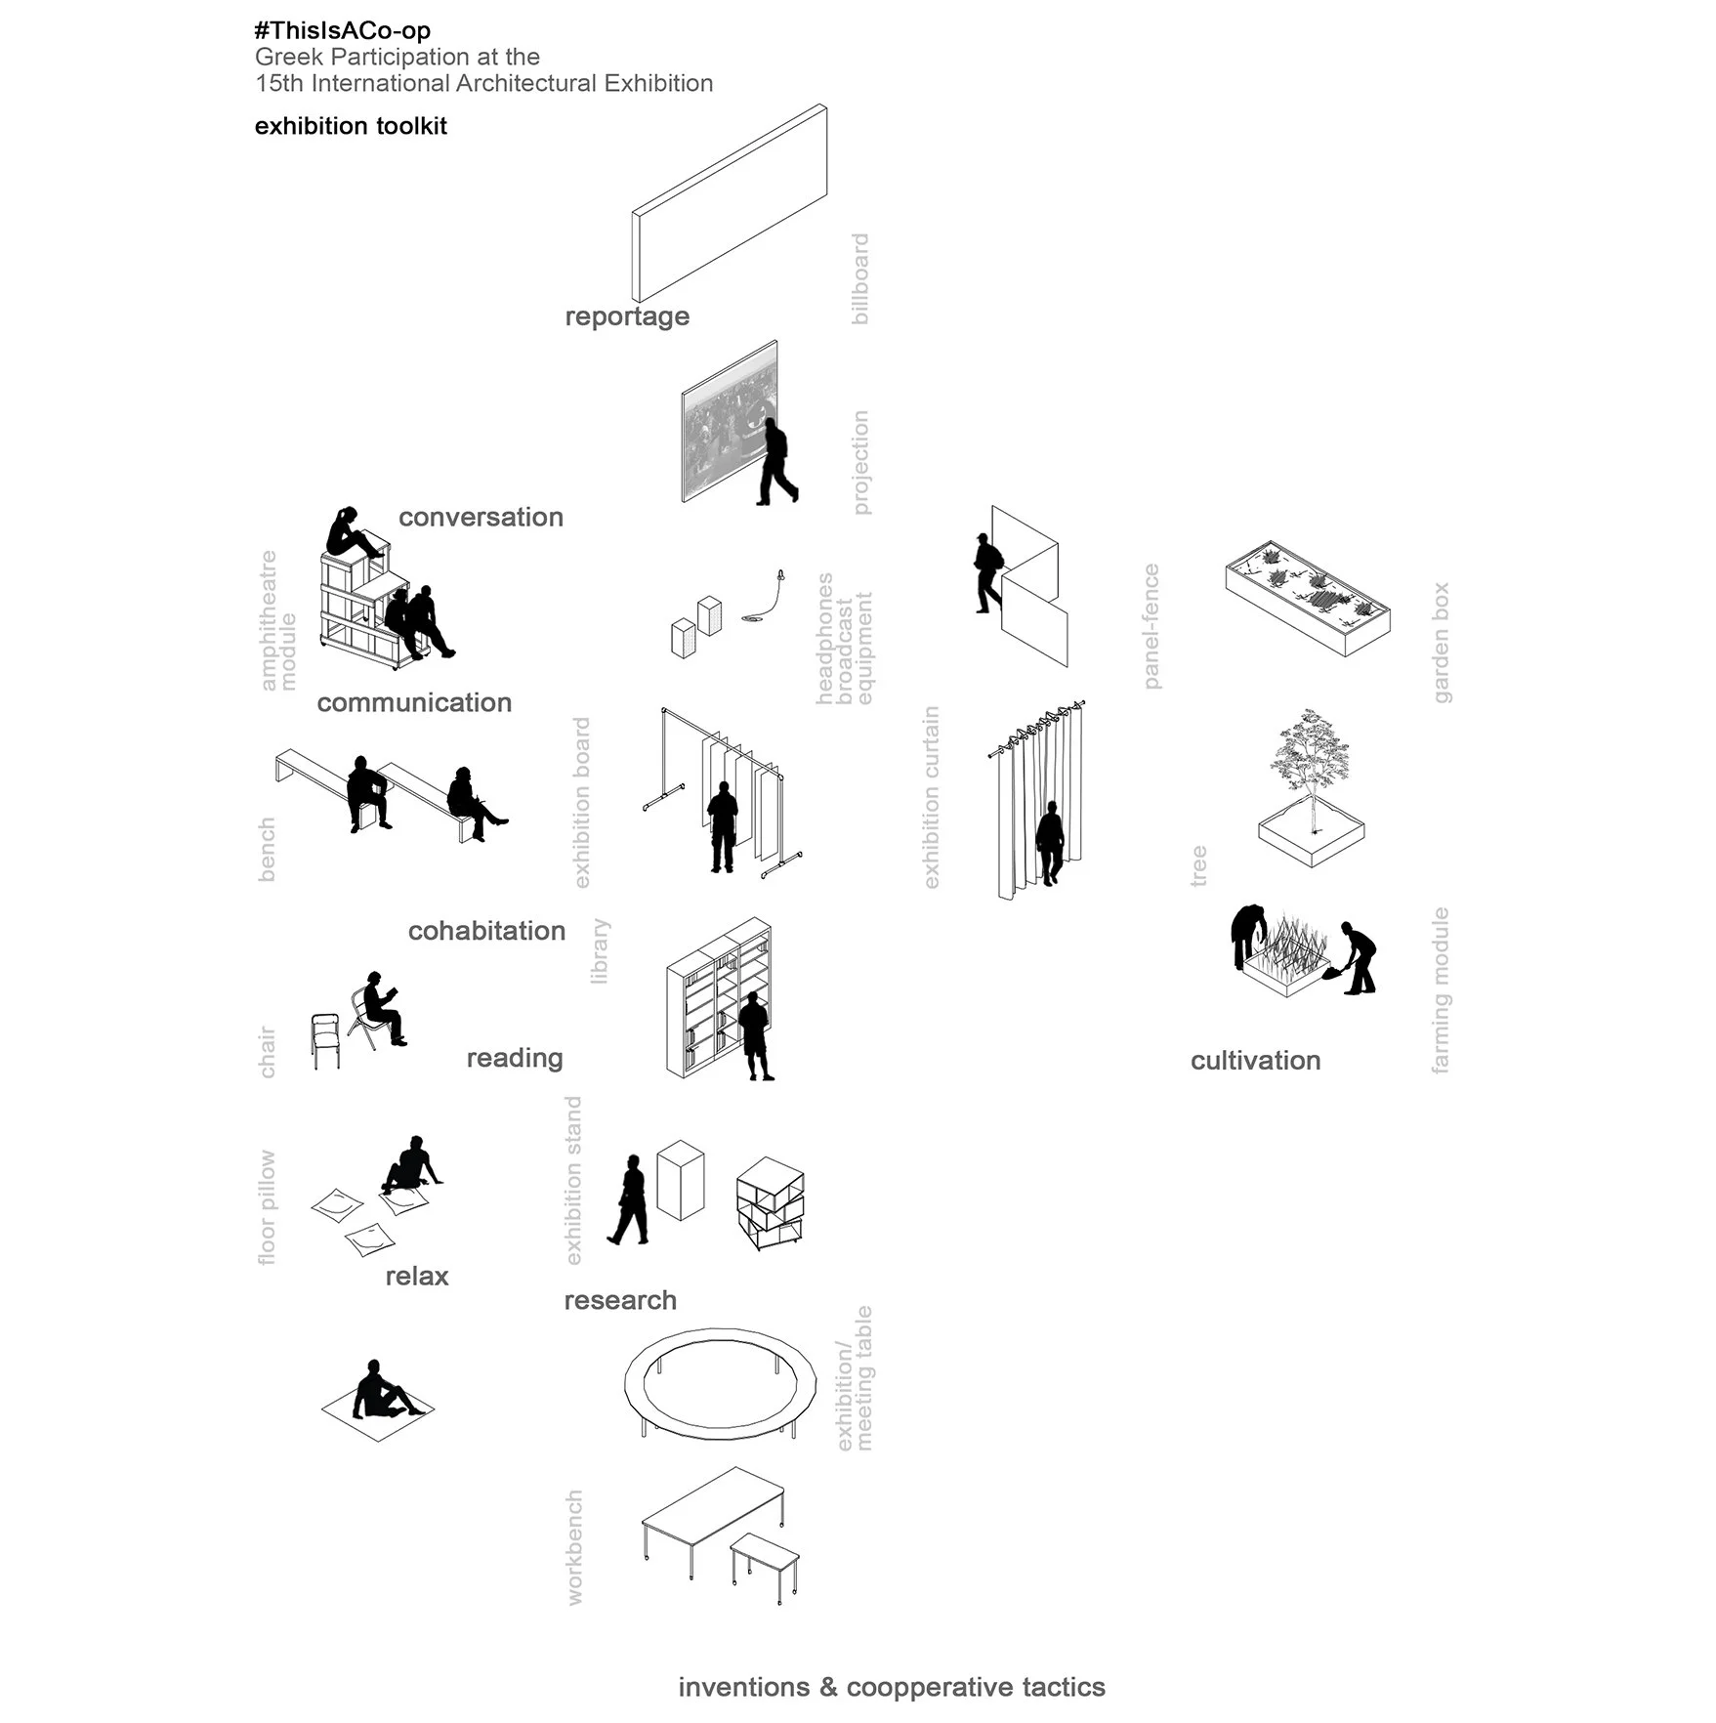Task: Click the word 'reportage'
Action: tap(627, 317)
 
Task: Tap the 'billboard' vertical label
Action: tap(859, 279)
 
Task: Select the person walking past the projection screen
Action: tap(777, 462)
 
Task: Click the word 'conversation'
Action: tap(481, 517)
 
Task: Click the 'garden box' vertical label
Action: tap(1441, 643)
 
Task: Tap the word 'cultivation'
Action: tap(1255, 1061)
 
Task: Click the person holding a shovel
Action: tap(1355, 958)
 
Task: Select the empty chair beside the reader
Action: tap(326, 1041)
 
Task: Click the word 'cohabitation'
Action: tap(486, 931)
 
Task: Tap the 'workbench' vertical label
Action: tap(574, 1548)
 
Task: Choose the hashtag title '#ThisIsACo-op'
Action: tap(342, 31)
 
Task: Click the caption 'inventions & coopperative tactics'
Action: tap(892, 1688)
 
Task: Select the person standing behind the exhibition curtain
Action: tap(1050, 843)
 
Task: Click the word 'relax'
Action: tap(417, 1277)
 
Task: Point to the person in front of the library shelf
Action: tap(754, 1035)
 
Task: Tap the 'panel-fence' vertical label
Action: tap(1151, 626)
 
